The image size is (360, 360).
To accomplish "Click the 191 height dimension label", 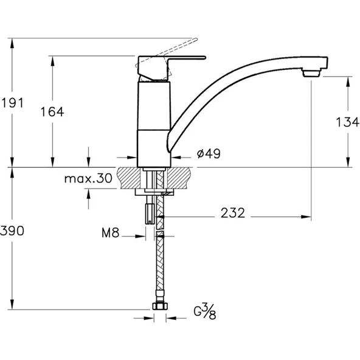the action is pos(12,103).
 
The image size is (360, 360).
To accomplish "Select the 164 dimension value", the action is pos(52,112).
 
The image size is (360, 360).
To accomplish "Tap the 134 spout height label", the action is pos(347,122).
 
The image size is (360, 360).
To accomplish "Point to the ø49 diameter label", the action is pos(209,154).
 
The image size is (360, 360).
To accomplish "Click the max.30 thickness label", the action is pos(88,178).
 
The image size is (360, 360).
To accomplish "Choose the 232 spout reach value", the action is pos(233,213).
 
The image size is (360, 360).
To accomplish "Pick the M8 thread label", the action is pos(111,233).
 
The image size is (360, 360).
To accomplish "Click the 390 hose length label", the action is pos(12,230).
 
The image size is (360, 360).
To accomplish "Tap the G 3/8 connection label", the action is pos(205,311).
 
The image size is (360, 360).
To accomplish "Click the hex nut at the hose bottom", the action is pos(160,306).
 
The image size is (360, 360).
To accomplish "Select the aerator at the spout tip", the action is pos(311,73).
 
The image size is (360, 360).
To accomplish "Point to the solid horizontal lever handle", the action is pos(186,57).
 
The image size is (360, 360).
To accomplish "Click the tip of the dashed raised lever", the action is pos(197,39).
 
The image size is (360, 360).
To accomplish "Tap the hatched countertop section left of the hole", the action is pos(129,178).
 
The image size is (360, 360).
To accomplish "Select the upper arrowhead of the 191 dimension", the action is pos(12,43).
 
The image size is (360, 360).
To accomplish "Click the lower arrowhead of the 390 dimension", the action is pos(12,305).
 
